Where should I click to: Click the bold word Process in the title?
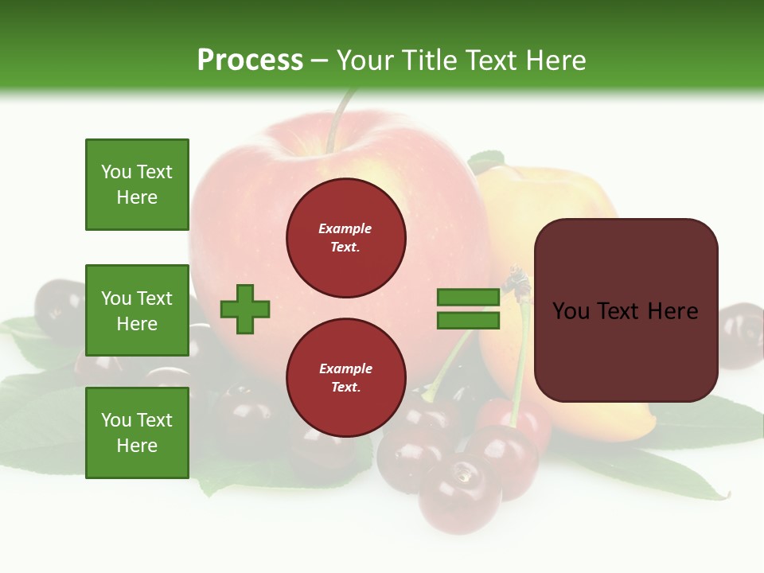click(250, 60)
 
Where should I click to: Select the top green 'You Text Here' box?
click(137, 185)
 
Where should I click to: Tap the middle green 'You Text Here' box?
click(137, 310)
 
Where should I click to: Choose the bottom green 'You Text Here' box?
click(137, 433)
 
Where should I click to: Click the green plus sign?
click(245, 309)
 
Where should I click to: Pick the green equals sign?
click(468, 309)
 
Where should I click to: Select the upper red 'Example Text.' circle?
click(345, 238)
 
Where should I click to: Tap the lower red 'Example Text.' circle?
click(345, 378)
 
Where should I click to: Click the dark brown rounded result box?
click(626, 310)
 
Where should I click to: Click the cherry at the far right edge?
click(742, 334)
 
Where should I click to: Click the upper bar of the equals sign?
click(468, 298)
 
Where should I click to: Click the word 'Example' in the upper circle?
click(345, 229)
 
